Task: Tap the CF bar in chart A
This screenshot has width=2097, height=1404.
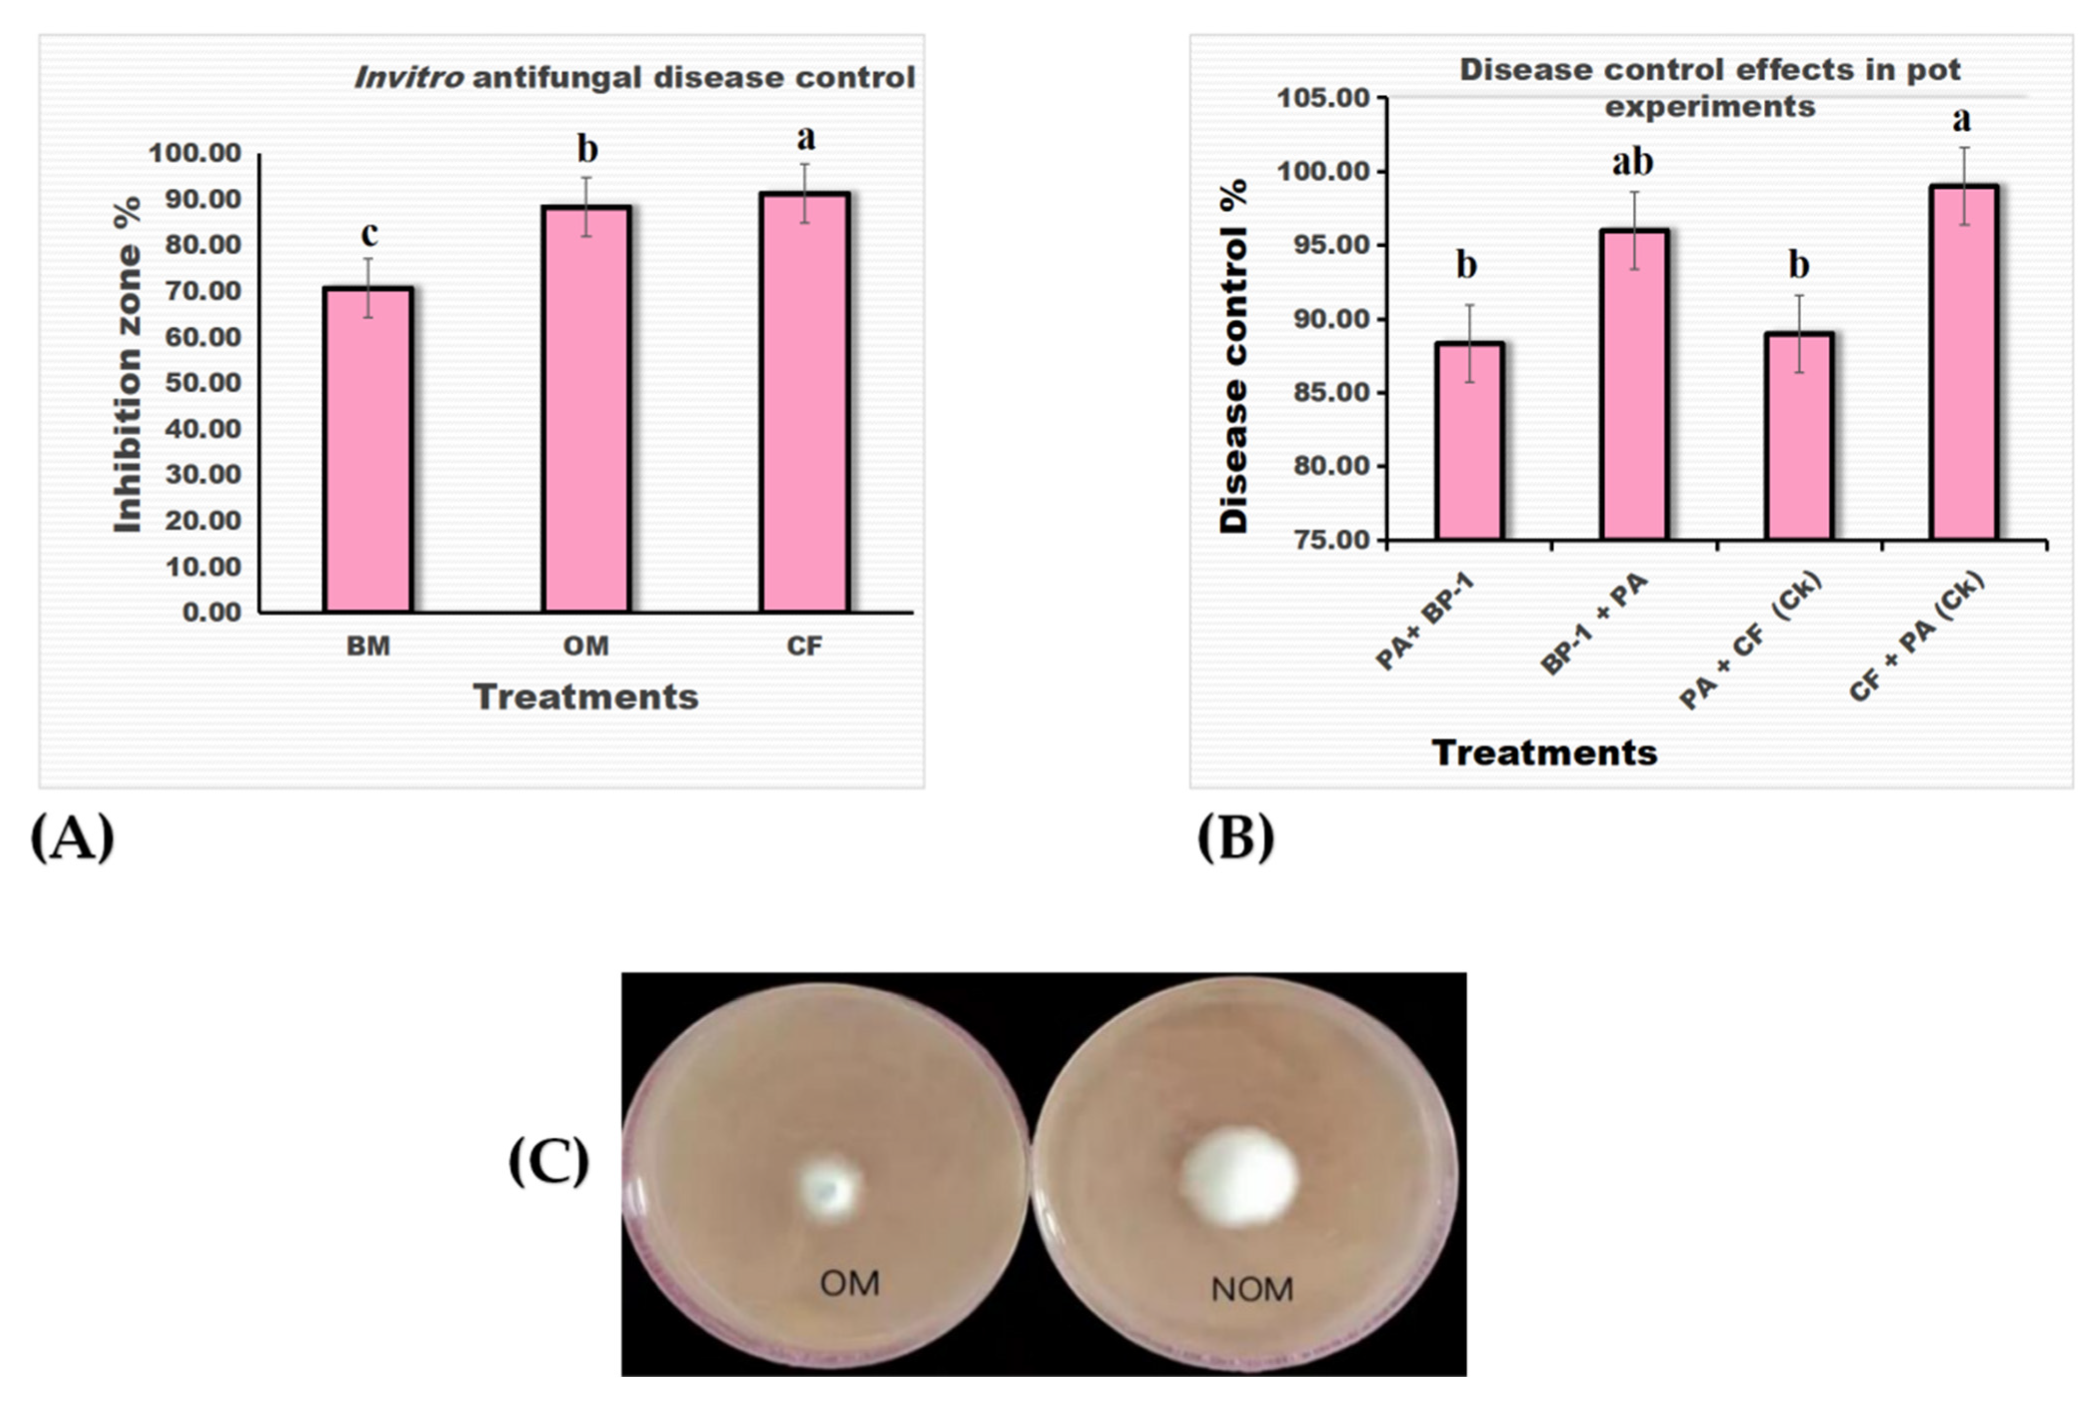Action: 804,402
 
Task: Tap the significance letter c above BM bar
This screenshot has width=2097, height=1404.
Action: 369,235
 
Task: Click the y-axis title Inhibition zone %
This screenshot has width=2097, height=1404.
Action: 128,364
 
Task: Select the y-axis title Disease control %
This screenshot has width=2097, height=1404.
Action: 1234,356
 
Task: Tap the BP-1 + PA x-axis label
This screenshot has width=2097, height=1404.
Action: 1595,624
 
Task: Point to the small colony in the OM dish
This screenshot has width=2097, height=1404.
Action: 829,1188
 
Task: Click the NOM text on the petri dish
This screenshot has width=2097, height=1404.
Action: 1252,1290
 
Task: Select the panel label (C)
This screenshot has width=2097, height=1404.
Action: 548,1162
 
